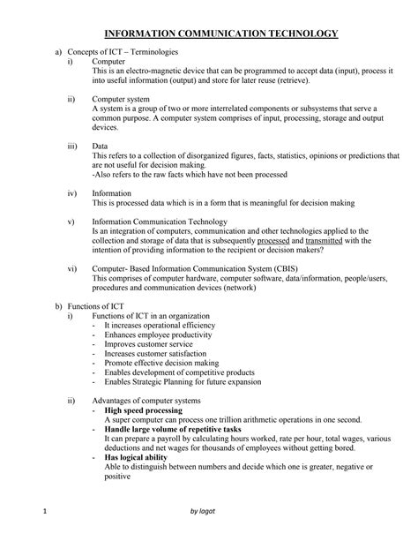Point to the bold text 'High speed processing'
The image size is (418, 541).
pos(143,410)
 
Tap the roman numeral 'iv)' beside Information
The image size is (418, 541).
pos(72,192)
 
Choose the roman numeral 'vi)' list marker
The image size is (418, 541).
pos(72,268)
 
